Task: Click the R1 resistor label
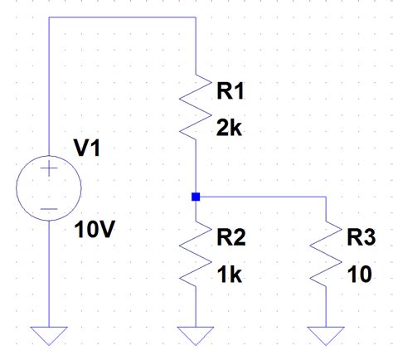click(230, 93)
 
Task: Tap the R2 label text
click(230, 239)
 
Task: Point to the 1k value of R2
click(229, 275)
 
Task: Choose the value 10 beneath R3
click(359, 275)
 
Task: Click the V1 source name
click(88, 148)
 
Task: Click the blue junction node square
click(195, 197)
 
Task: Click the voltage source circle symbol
click(49, 189)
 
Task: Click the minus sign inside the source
click(49, 209)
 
